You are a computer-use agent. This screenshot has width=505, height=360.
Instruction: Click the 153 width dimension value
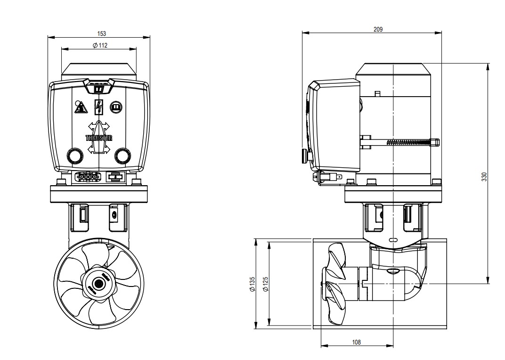(x=101, y=33)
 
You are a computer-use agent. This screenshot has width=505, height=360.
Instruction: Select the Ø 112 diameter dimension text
(x=100, y=45)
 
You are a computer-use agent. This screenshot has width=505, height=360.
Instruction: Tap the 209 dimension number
(x=378, y=29)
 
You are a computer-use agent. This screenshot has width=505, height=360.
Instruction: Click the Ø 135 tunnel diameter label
(x=252, y=284)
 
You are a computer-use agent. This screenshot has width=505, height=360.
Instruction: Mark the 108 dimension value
(x=356, y=342)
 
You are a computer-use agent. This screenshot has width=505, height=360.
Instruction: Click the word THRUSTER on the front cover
(x=99, y=138)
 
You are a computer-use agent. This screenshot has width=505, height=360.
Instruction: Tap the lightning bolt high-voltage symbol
(x=99, y=107)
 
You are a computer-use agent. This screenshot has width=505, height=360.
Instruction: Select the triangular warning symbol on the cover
(x=81, y=108)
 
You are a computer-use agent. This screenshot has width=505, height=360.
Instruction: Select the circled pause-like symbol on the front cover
(x=116, y=107)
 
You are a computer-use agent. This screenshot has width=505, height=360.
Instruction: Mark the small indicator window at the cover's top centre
(x=99, y=88)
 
